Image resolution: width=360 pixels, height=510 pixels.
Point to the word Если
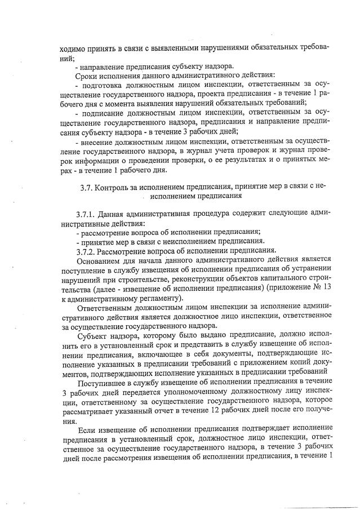(86, 429)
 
